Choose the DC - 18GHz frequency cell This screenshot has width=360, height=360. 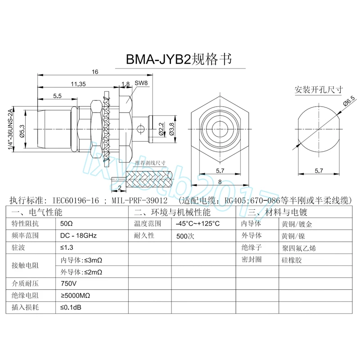pyautogui.click(x=79, y=235)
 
